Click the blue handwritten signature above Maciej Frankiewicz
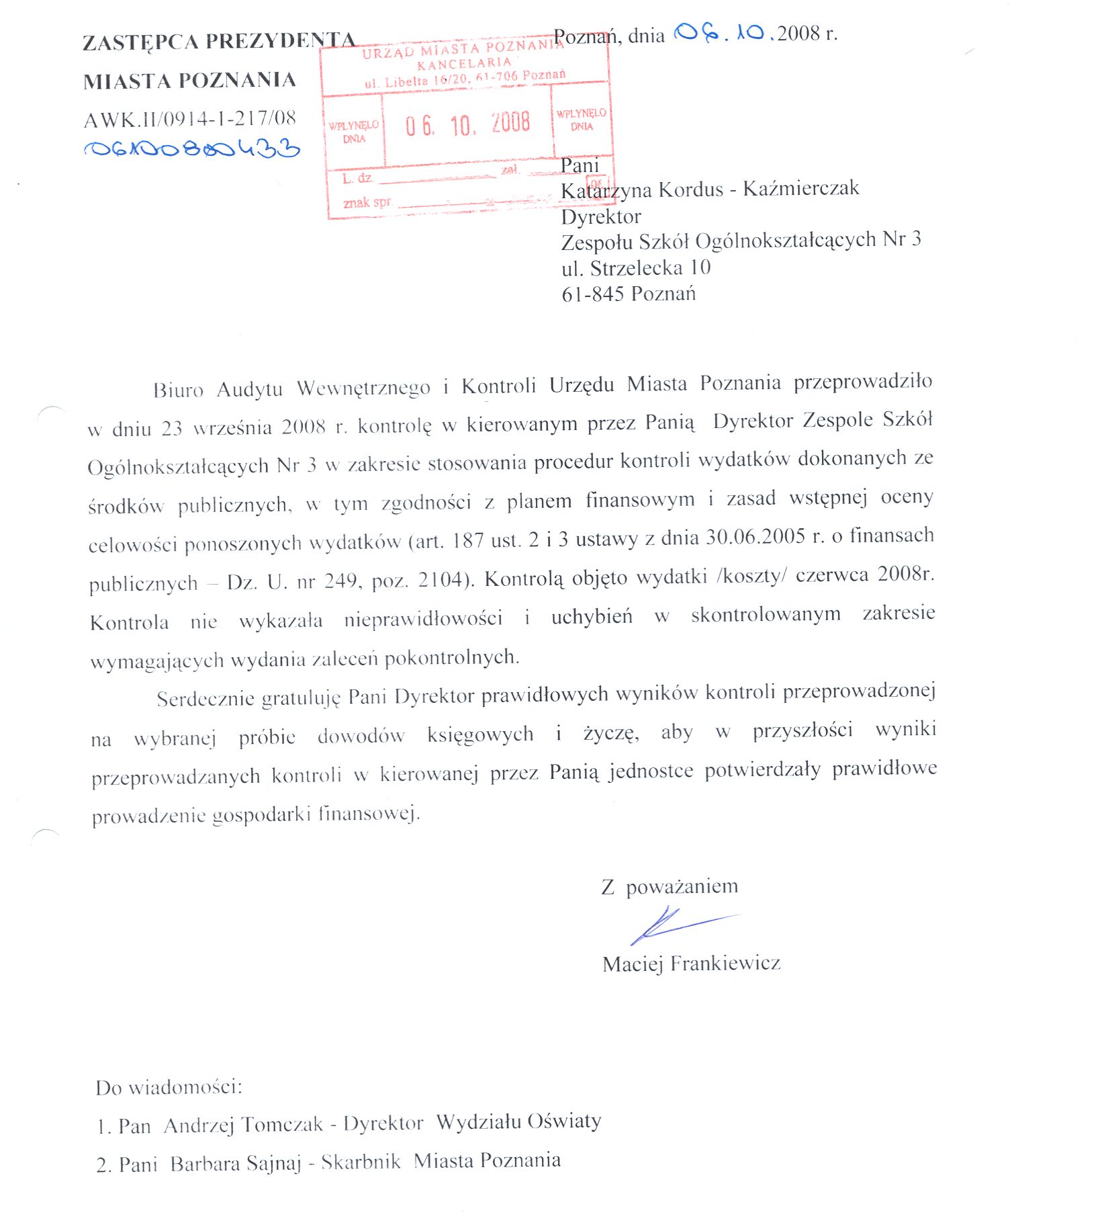[678, 926]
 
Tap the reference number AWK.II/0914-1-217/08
[190, 120]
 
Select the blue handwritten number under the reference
[191, 149]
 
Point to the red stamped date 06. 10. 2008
[467, 124]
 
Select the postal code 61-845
[593, 294]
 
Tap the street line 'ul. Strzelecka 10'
[636, 268]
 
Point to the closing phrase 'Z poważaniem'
[670, 887]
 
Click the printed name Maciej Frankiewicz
[691, 964]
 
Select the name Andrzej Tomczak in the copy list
[243, 1125]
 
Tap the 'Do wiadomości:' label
[169, 1087]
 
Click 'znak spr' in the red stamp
[367, 202]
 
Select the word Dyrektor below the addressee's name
[601, 216]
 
